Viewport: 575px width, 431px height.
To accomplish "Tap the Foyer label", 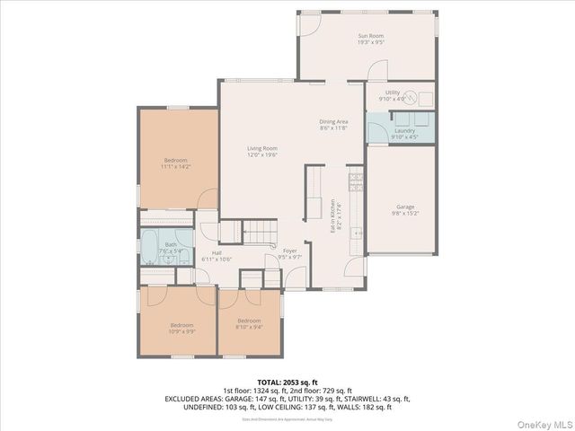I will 289,251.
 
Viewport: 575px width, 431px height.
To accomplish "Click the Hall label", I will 217,253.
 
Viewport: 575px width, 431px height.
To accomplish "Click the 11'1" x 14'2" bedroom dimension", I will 175,167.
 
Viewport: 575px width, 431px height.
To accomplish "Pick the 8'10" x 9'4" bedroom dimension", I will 249,327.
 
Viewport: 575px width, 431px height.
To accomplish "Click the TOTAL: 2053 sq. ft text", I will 287,382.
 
